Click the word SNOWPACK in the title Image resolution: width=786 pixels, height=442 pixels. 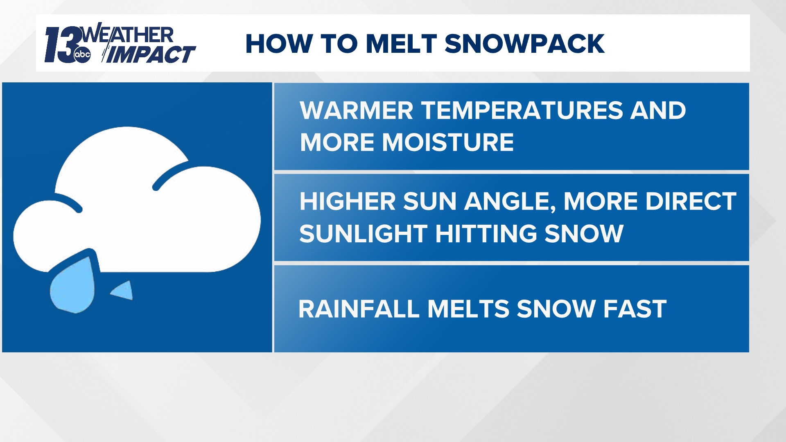524,44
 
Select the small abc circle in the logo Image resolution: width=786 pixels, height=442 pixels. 82,55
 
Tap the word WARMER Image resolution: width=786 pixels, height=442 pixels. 357,110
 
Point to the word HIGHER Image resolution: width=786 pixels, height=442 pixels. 348,201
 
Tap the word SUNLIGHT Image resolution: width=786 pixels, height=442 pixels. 364,234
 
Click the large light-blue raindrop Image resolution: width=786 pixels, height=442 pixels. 73,286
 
